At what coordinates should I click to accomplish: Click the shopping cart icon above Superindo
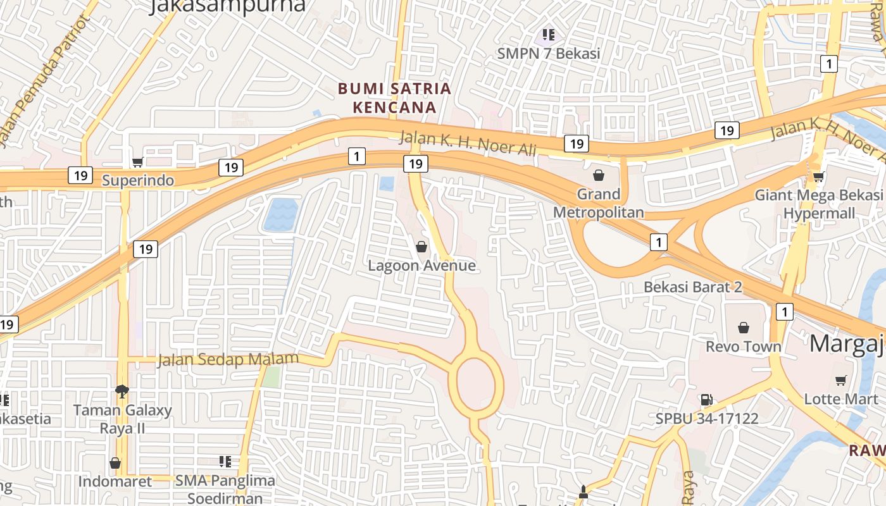pos(137,163)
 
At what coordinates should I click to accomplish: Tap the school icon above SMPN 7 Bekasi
pos(548,35)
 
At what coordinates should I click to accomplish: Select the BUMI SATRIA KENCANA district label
pos(395,98)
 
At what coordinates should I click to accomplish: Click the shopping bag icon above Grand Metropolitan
pos(598,175)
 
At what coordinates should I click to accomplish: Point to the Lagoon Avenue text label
pos(421,266)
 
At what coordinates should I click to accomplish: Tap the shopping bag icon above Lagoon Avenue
pos(421,247)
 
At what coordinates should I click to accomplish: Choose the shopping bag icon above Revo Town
pos(744,328)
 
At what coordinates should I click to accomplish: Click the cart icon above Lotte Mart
pos(840,380)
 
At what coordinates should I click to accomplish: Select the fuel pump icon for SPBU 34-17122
pos(706,400)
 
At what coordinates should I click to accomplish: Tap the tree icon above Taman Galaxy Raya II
pos(122,392)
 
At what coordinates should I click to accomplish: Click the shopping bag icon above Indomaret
pos(115,463)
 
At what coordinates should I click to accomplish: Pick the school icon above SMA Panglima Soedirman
pos(225,462)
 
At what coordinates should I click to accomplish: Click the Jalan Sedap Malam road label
pos(228,359)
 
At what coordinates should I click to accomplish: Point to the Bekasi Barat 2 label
pos(692,287)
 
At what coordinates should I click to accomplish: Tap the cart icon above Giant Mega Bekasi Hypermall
pos(818,176)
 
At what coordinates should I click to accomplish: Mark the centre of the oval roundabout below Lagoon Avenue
pos(476,383)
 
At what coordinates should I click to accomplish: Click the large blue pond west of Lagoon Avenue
pos(280,214)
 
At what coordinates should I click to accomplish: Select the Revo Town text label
pos(744,347)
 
